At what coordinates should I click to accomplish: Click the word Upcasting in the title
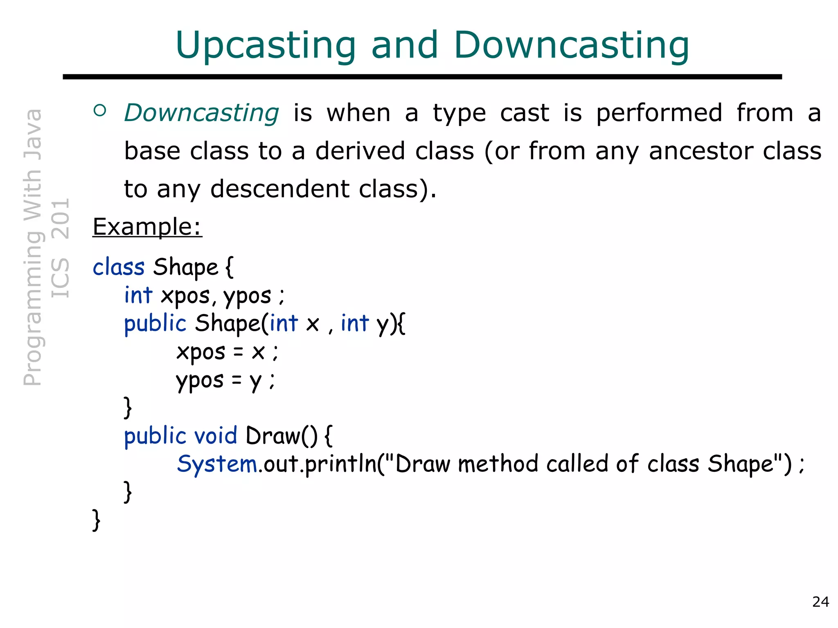pyautogui.click(x=266, y=46)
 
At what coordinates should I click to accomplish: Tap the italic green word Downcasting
pyautogui.click(x=202, y=113)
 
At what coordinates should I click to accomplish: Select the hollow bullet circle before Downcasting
pyautogui.click(x=100, y=110)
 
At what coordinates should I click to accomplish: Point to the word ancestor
pyautogui.click(x=701, y=151)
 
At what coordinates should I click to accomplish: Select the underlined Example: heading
pyautogui.click(x=147, y=227)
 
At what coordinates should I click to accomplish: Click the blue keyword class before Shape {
pyautogui.click(x=119, y=267)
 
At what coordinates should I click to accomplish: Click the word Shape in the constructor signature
pyautogui.click(x=228, y=324)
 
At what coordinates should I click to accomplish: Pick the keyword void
pyautogui.click(x=215, y=436)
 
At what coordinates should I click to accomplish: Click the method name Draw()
pyautogui.click(x=282, y=436)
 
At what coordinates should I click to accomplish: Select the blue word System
pyautogui.click(x=217, y=464)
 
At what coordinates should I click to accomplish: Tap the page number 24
pyautogui.click(x=820, y=602)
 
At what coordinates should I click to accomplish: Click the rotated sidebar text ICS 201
pyautogui.click(x=61, y=248)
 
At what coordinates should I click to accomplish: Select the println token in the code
pyautogui.click(x=340, y=464)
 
